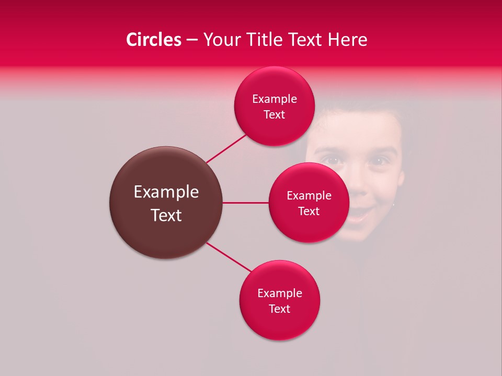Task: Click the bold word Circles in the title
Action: pos(154,40)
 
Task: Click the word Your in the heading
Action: pos(222,40)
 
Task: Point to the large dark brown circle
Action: pos(166,230)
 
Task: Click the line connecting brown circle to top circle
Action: pos(226,148)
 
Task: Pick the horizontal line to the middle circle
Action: pos(245,203)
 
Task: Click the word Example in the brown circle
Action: pos(166,192)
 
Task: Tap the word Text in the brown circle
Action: pos(166,215)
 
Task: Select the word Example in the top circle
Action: pos(274,99)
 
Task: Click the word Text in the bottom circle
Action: pos(279,309)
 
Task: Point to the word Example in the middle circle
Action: pos(309,196)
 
